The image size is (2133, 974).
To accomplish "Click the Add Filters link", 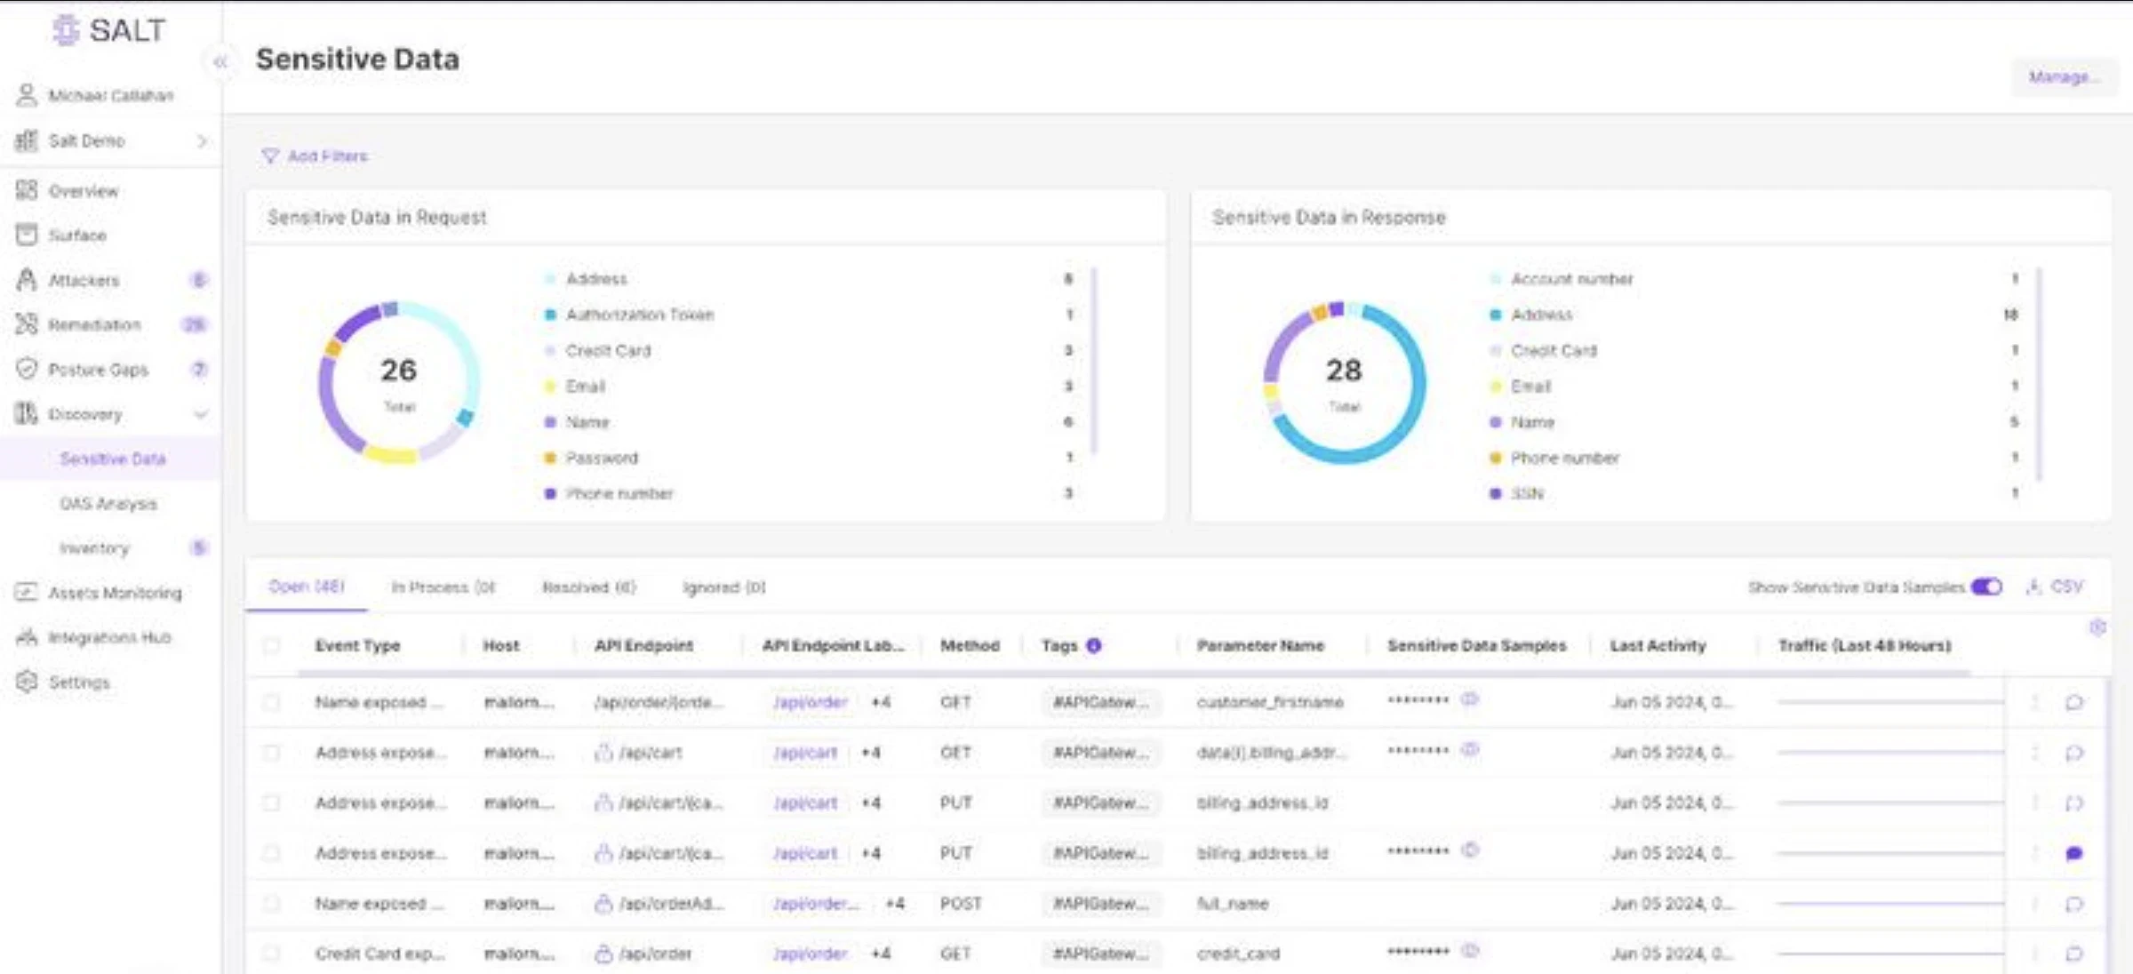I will coord(326,156).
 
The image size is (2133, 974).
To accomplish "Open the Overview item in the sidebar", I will coord(83,191).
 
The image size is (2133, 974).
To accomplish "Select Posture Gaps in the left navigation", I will coord(98,370).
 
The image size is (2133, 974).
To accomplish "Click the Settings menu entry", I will coord(79,683).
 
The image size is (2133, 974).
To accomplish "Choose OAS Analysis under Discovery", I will coord(108,504).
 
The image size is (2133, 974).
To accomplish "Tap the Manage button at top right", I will coord(2063,77).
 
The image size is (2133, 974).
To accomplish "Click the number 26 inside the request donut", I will coord(398,371).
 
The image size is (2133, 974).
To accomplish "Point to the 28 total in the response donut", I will coord(1344,371).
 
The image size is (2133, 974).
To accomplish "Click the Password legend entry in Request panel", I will coord(602,459).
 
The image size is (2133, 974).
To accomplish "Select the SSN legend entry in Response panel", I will coord(1527,494).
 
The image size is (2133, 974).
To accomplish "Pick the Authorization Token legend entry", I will coord(639,315).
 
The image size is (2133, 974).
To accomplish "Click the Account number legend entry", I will coord(1571,279).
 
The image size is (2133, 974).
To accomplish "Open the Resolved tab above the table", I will coord(588,587).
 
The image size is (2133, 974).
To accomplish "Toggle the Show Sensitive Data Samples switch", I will coord(1985,587).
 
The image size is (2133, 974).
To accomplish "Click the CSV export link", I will coord(2065,587).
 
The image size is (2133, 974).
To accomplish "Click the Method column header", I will coord(970,646).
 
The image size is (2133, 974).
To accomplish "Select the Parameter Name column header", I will coord(1260,646).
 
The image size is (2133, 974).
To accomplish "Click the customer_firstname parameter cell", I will coord(1270,703).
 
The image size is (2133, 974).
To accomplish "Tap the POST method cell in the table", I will coord(961,904).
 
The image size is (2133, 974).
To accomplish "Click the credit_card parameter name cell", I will coord(1238,954).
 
